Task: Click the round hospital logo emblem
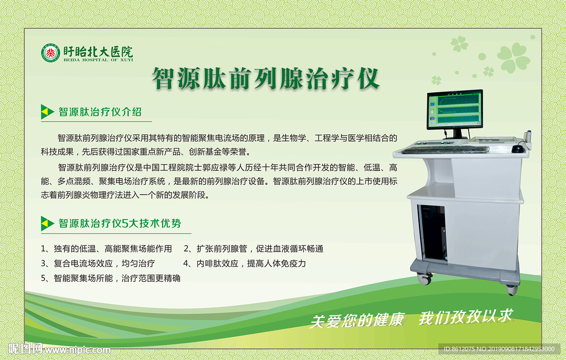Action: point(50,53)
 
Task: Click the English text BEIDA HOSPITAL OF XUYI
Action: point(98,60)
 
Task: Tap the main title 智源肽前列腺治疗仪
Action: point(266,78)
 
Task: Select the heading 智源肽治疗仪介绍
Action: point(100,112)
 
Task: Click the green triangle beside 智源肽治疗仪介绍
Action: point(46,112)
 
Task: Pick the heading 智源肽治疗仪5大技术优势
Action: point(120,223)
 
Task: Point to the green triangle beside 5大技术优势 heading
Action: point(46,223)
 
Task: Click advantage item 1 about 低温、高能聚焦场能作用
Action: point(107,249)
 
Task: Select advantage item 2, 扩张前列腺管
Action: point(253,249)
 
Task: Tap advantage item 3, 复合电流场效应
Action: point(98,264)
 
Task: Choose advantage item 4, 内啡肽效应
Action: point(245,264)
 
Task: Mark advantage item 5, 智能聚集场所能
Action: point(111,278)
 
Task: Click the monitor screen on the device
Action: point(455,109)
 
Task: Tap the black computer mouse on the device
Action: point(517,148)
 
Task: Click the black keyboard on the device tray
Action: point(446,149)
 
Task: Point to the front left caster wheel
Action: point(424,278)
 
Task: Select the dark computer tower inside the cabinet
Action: point(432,233)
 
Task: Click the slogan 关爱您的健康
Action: point(357,320)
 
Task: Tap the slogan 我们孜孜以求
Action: point(465,317)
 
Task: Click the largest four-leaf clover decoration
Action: point(513,58)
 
